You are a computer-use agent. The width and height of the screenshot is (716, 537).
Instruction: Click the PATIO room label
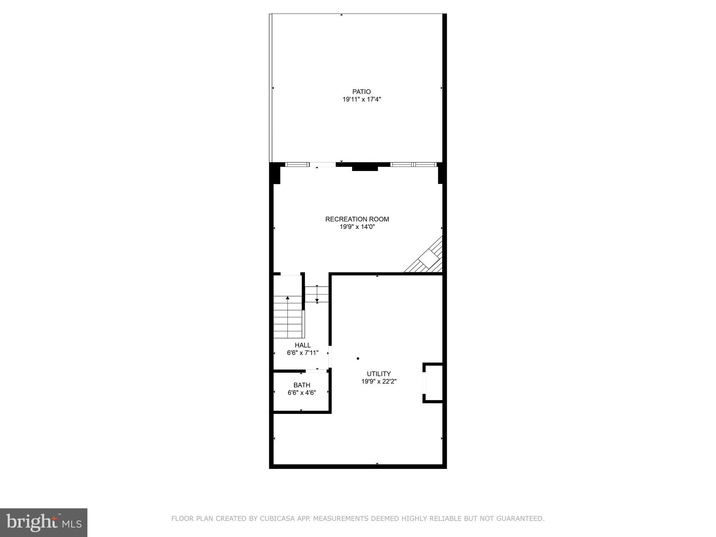pyautogui.click(x=361, y=92)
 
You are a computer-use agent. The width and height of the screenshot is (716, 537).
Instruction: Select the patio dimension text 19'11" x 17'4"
pyautogui.click(x=361, y=100)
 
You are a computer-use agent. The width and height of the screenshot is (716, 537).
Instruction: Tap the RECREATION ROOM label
pyautogui.click(x=357, y=219)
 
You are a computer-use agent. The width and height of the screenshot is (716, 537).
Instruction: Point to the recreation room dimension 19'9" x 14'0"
pyautogui.click(x=357, y=227)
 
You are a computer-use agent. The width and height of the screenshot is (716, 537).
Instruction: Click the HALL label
pyautogui.click(x=302, y=345)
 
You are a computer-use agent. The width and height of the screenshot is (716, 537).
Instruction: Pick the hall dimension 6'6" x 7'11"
pyautogui.click(x=302, y=353)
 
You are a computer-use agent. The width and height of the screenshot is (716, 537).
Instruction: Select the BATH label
pyautogui.click(x=302, y=385)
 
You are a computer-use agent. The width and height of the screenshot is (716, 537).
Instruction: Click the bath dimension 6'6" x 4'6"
pyautogui.click(x=302, y=393)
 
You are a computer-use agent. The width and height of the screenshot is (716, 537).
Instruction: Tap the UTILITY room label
pyautogui.click(x=379, y=374)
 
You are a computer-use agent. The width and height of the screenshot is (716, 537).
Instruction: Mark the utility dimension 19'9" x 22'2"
pyautogui.click(x=379, y=381)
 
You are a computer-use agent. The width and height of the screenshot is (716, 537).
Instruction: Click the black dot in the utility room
pyautogui.click(x=358, y=359)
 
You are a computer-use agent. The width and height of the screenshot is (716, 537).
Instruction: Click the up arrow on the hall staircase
pyautogui.click(x=287, y=298)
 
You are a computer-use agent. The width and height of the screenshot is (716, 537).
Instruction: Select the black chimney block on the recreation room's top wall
pyautogui.click(x=365, y=168)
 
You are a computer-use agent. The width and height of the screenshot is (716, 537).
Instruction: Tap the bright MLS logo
pyautogui.click(x=44, y=523)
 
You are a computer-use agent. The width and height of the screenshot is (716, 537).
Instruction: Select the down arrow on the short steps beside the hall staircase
pyautogui.click(x=317, y=300)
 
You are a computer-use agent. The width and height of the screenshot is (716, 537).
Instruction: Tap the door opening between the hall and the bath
pyautogui.click(x=316, y=371)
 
